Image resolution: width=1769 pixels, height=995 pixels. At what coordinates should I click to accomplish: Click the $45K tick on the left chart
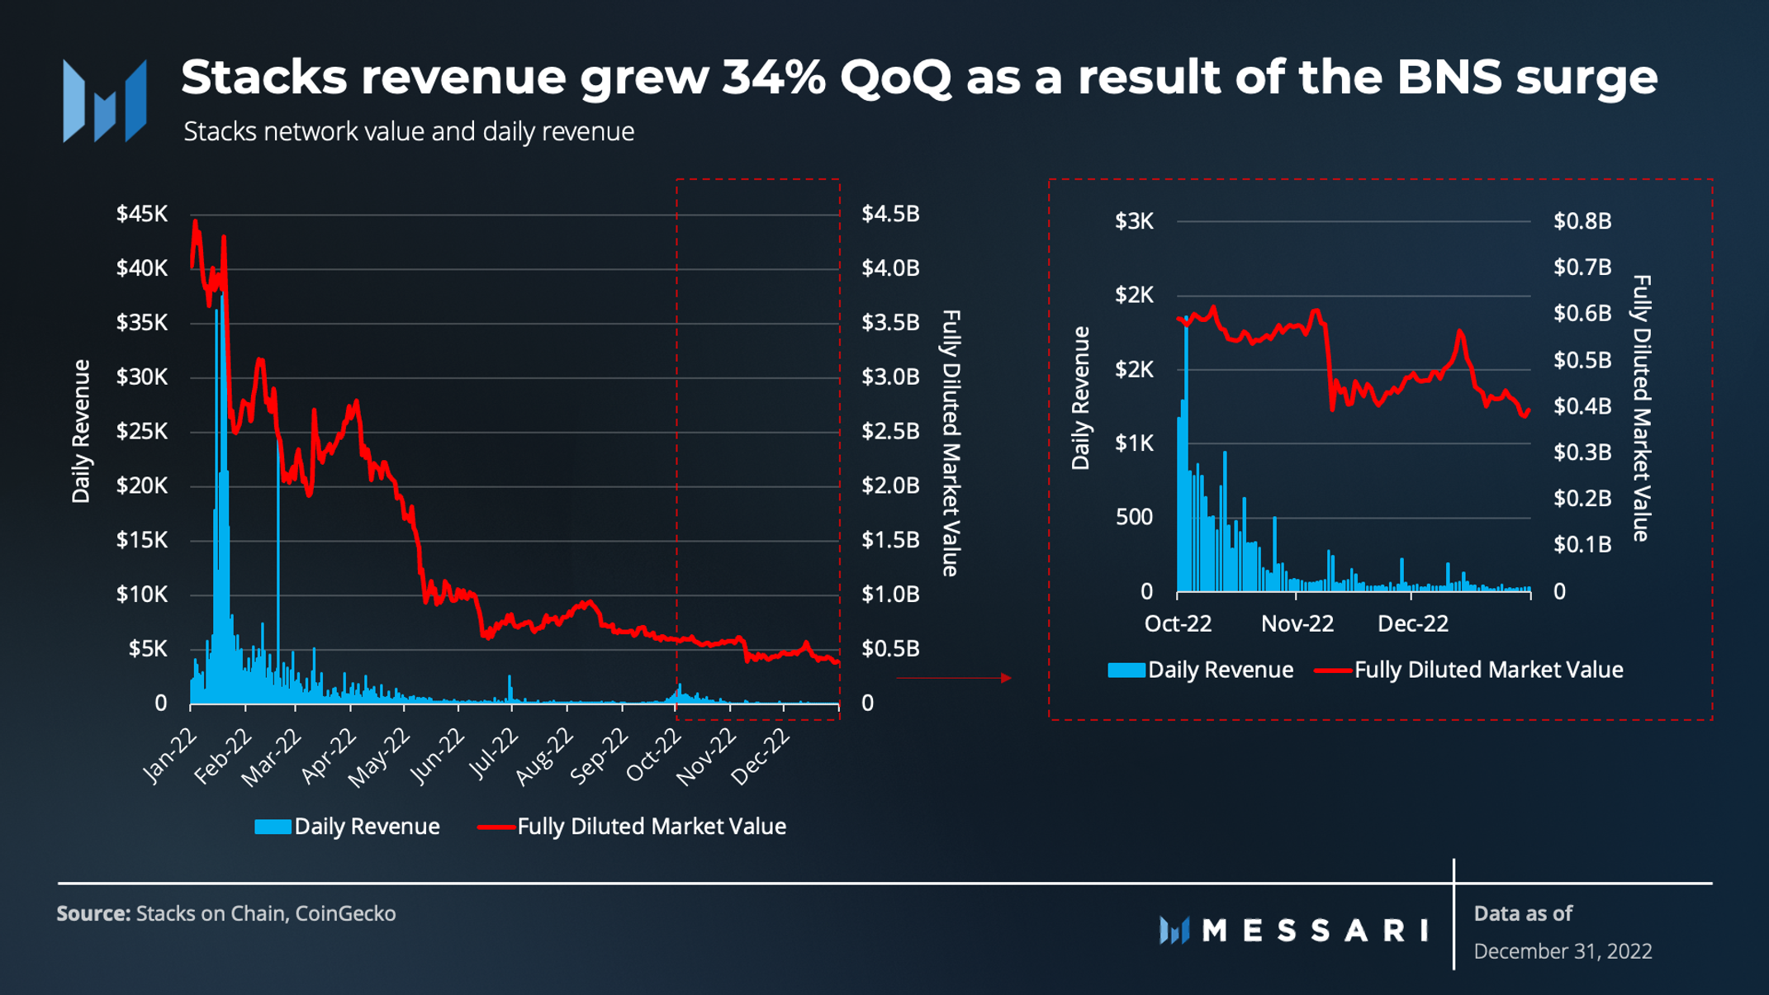point(141,214)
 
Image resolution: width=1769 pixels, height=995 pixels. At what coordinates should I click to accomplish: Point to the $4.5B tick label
point(890,214)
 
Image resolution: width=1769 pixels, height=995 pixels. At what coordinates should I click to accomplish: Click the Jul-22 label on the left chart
point(494,753)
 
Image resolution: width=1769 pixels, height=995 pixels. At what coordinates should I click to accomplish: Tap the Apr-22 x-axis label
point(329,755)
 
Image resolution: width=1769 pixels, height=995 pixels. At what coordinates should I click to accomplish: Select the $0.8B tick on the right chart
point(1582,221)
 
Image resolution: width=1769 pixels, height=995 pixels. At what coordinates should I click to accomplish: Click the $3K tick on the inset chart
point(1134,221)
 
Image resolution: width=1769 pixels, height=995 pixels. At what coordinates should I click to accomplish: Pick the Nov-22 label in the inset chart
point(1297,623)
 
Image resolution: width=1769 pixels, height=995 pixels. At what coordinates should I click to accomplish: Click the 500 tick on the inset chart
point(1134,518)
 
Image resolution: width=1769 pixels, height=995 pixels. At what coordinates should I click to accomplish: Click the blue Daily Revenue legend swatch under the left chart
point(273,827)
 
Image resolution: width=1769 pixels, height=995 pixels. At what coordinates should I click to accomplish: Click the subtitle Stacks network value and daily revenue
point(409,131)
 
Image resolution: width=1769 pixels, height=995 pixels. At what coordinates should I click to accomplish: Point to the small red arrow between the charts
point(1005,678)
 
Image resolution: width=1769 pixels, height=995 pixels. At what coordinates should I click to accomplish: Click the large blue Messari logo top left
point(105,101)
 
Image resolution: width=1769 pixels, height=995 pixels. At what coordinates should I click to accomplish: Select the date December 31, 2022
point(1563,951)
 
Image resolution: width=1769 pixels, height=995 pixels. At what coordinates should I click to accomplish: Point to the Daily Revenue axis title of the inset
point(1080,398)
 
